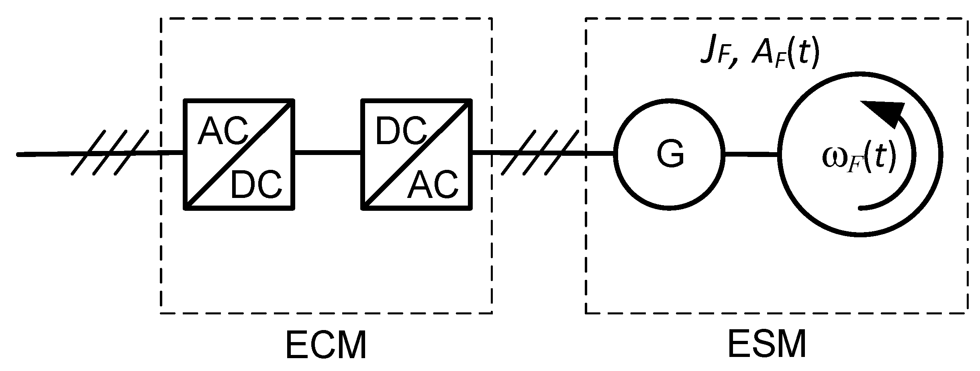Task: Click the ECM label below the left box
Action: pyautogui.click(x=326, y=345)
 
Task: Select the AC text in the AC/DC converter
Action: pyautogui.click(x=223, y=132)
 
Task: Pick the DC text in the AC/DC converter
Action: pyautogui.click(x=256, y=185)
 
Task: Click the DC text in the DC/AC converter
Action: pyautogui.click(x=400, y=132)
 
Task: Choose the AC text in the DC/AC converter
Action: pyautogui.click(x=433, y=185)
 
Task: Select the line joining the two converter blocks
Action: pyautogui.click(x=328, y=153)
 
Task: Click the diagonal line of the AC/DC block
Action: pyautogui.click(x=239, y=154)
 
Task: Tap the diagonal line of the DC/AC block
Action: pyautogui.click(x=417, y=154)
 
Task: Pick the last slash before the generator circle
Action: pyautogui.click(x=561, y=153)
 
